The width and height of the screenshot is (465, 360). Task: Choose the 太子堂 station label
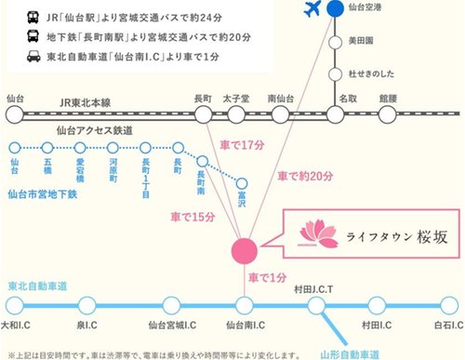230,97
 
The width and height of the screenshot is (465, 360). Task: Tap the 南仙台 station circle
279,115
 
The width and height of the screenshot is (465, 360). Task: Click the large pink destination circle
243,250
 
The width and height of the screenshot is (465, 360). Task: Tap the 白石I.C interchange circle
445,304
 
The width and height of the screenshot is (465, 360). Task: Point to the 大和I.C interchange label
19,326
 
